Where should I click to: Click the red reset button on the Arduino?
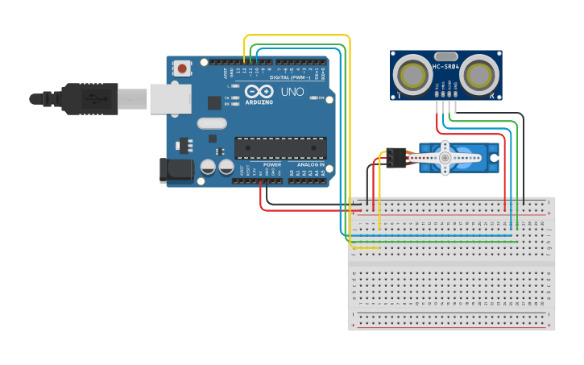[x=182, y=68]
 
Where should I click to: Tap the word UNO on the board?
[x=292, y=92]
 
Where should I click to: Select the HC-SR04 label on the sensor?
[x=445, y=67]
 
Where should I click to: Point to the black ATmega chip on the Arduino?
[x=280, y=147]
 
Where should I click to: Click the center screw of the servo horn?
[x=445, y=158]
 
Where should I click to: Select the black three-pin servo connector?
[x=393, y=158]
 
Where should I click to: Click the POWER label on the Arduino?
[x=271, y=164]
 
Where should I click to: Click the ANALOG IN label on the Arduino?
[x=309, y=164]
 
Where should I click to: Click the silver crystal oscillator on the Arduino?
[x=211, y=123]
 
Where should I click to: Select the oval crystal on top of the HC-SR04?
[x=445, y=56]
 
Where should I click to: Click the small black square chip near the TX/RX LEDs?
[x=214, y=102]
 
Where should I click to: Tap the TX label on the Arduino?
[x=227, y=97]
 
